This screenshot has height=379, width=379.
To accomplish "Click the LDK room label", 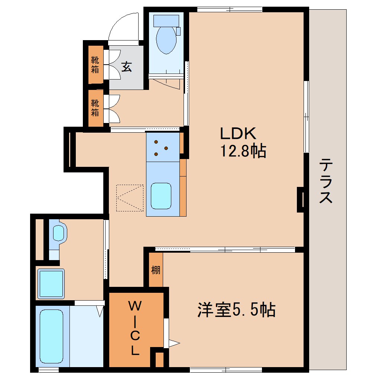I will tap(238, 133).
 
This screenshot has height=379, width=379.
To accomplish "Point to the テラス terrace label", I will tap(326, 181).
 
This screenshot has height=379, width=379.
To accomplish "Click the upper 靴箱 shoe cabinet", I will tap(95, 65).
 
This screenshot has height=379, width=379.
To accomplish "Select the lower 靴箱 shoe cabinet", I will tap(95, 108).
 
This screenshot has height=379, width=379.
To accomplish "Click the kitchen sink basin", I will tap(161, 196).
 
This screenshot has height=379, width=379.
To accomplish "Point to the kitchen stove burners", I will tap(161, 147).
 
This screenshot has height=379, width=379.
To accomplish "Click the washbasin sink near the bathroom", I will tap(58, 233).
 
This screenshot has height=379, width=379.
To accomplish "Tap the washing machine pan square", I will tap(51, 283).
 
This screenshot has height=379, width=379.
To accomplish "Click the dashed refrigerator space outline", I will tap(130, 198).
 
